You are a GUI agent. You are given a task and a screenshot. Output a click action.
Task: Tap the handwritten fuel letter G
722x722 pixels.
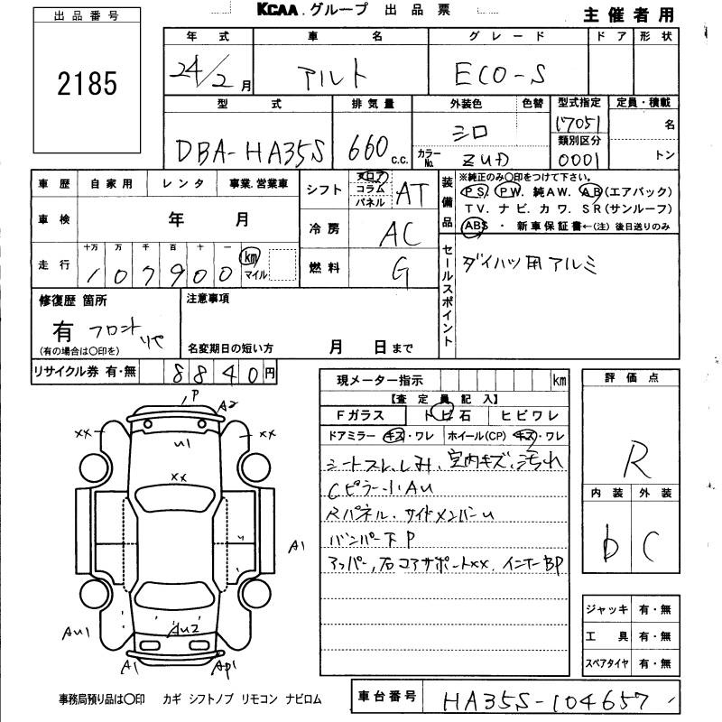[x=398, y=270]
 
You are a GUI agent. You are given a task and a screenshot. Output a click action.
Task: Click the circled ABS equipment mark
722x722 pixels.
[x=475, y=226]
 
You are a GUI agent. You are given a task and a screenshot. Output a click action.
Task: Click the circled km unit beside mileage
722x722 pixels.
[x=247, y=257]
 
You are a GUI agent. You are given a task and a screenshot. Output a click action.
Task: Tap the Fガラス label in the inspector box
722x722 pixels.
[x=360, y=414]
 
